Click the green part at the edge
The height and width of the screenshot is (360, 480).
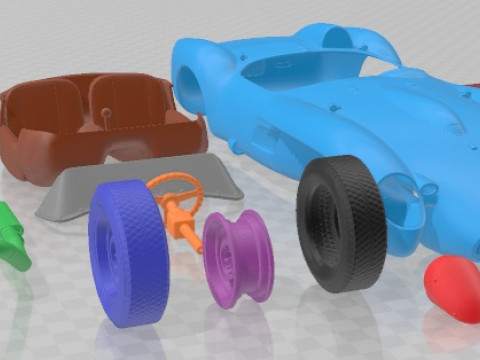(10, 236)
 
